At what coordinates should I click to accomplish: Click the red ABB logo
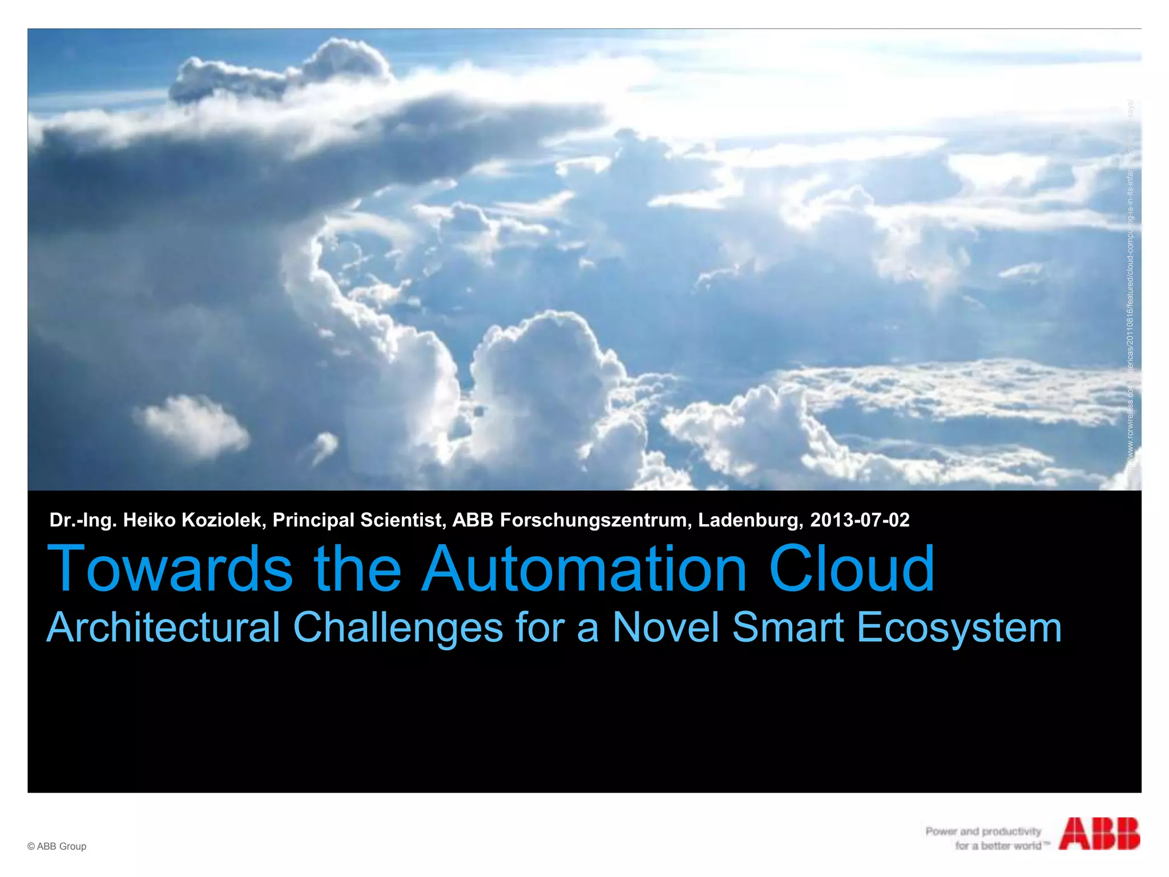click(1099, 834)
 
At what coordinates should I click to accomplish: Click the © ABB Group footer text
click(57, 846)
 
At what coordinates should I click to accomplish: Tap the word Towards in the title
click(170, 569)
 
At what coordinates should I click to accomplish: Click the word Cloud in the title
click(852, 569)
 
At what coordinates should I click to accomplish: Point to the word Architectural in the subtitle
click(163, 627)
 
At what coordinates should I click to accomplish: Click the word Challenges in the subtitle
click(398, 627)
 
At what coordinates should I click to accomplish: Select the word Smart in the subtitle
click(788, 627)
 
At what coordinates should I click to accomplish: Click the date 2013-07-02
click(860, 520)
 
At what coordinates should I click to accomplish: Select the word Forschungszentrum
click(596, 520)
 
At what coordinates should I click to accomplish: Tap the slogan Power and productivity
click(983, 831)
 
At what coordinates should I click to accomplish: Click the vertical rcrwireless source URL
click(1130, 285)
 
